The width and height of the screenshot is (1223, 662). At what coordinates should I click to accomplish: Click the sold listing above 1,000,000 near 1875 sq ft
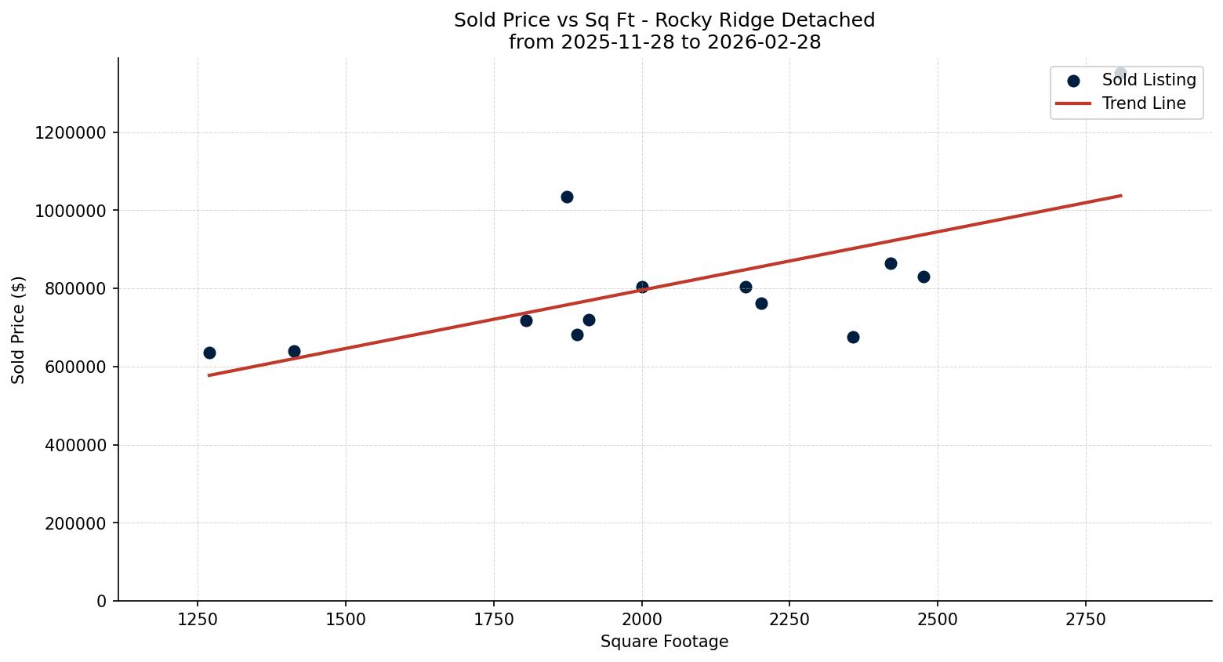coord(567,197)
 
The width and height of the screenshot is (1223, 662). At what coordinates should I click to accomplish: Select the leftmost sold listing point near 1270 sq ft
coord(209,353)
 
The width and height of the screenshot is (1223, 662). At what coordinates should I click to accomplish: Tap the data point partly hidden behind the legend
coord(1120,74)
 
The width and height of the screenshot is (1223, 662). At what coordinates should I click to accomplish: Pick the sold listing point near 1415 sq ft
coord(294,351)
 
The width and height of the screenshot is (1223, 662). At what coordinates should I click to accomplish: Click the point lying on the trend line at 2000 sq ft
coord(642,287)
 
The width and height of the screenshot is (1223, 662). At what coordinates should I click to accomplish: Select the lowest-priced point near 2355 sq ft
coord(853,337)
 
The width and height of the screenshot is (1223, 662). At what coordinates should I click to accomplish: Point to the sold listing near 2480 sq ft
coord(924,277)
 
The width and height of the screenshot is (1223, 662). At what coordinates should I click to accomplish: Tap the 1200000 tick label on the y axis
coord(71,132)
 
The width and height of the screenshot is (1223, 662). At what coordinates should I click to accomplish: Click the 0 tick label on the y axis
coord(101,601)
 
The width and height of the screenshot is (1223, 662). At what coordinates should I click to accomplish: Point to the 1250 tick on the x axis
coord(198,619)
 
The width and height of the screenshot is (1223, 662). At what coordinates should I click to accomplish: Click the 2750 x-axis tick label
coord(1086,619)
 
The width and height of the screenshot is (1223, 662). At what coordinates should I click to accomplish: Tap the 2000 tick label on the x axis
coord(642,619)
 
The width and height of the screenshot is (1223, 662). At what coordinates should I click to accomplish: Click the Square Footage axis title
coord(664,642)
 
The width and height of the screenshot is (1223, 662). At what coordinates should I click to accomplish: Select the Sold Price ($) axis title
coord(19,330)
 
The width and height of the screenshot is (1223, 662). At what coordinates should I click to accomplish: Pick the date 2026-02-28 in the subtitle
coord(764,42)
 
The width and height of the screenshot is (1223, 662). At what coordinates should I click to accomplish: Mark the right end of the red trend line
coord(1120,195)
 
